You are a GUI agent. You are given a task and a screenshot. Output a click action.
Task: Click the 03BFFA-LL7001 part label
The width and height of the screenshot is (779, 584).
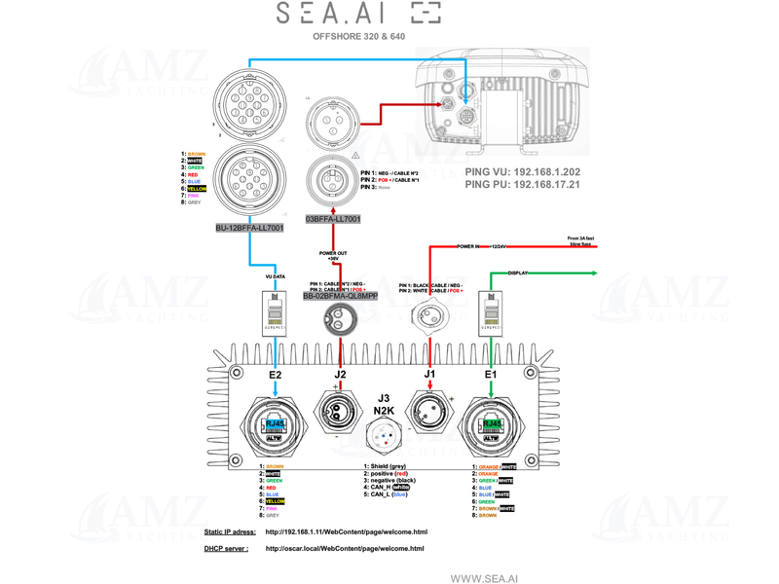pyautogui.click(x=333, y=219)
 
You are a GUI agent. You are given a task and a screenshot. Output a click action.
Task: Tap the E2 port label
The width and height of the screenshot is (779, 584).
pyautogui.click(x=275, y=374)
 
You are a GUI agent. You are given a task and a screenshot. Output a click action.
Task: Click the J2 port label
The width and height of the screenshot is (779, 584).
pyautogui.click(x=340, y=374)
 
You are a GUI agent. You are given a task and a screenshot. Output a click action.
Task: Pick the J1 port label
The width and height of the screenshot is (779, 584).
pyautogui.click(x=430, y=374)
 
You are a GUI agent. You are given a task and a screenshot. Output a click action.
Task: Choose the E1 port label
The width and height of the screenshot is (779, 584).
pyautogui.click(x=491, y=374)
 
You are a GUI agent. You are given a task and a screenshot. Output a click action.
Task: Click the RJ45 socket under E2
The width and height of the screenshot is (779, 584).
pyautogui.click(x=276, y=424)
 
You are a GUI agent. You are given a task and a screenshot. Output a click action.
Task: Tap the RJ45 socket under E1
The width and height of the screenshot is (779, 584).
pyautogui.click(x=491, y=424)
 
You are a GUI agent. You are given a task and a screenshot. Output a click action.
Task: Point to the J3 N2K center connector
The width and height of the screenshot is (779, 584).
pyautogui.click(x=385, y=440)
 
